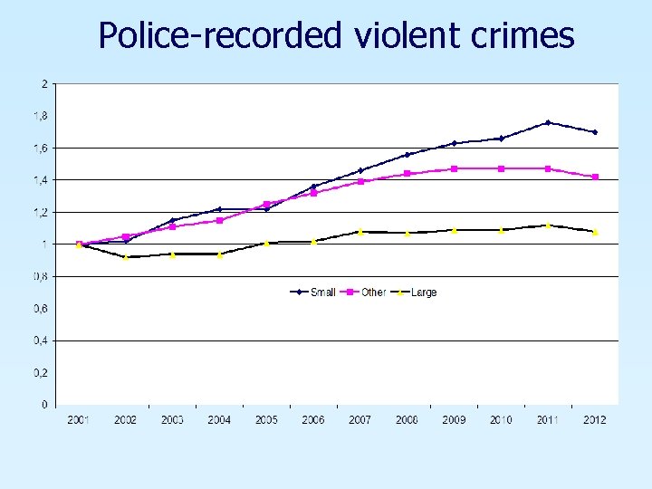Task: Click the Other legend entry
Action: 373,292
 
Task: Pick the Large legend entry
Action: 423,292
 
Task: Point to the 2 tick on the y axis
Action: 44,83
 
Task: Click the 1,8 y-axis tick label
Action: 43,115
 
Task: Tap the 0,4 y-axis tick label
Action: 43,340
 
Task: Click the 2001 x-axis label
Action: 79,420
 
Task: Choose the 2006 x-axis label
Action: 313,420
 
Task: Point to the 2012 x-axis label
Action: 595,420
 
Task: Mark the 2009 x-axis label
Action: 454,420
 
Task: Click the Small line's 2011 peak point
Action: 548,122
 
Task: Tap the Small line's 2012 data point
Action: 595,132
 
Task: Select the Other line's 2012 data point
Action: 595,177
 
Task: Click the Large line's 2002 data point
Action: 126,257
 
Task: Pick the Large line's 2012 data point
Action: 595,232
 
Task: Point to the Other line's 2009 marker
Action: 454,168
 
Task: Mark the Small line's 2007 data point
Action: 360,170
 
